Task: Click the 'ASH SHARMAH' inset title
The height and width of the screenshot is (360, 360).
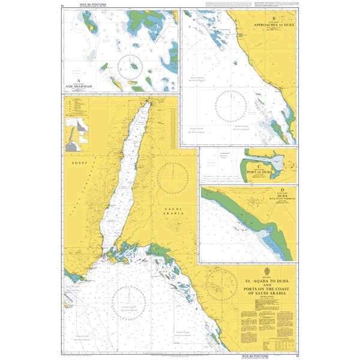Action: tap(81, 86)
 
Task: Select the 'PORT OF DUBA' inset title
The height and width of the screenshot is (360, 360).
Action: tap(259, 172)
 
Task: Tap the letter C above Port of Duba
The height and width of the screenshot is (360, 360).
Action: tap(259, 165)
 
